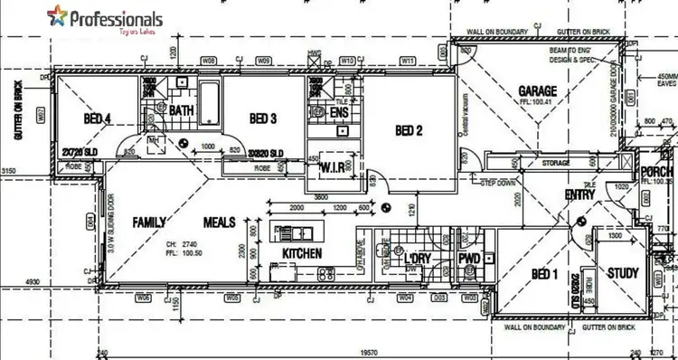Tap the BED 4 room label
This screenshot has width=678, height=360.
(x=98, y=118)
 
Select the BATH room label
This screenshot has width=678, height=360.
(x=182, y=110)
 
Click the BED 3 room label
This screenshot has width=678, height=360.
(x=262, y=118)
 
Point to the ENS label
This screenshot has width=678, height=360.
(x=339, y=113)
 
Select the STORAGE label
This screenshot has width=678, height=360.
(x=556, y=163)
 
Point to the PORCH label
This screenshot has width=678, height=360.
(x=659, y=172)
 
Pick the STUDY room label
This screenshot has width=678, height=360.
(x=624, y=273)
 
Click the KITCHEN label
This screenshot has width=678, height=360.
(x=302, y=252)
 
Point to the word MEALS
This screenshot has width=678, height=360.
(x=220, y=222)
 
